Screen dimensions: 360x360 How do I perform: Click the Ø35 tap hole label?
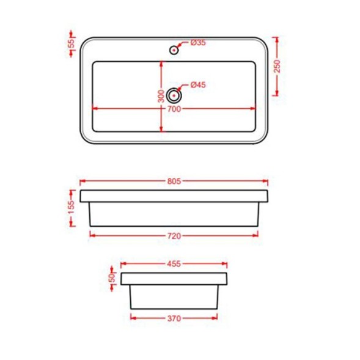pyautogui.click(x=197, y=43)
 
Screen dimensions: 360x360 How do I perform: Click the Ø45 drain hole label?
pyautogui.click(x=197, y=85)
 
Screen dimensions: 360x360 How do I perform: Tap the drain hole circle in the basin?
pyautogui.click(x=174, y=94)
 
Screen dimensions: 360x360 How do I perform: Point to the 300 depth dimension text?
pyautogui.click(x=160, y=96)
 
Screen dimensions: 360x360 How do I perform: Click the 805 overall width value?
pyautogui.click(x=174, y=182)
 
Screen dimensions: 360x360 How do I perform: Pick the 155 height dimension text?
pyautogui.click(x=72, y=208)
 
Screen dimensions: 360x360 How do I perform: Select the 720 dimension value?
pyautogui.click(x=174, y=234)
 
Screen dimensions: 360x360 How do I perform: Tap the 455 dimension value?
pyautogui.click(x=174, y=265)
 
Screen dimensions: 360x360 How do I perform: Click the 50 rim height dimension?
pyautogui.click(x=111, y=276)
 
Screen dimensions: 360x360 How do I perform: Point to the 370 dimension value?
pyautogui.click(x=174, y=317)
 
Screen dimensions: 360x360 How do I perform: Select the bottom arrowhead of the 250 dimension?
pyautogui.click(x=277, y=93)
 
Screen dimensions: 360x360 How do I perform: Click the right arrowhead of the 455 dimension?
pyautogui.click(x=226, y=265)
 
